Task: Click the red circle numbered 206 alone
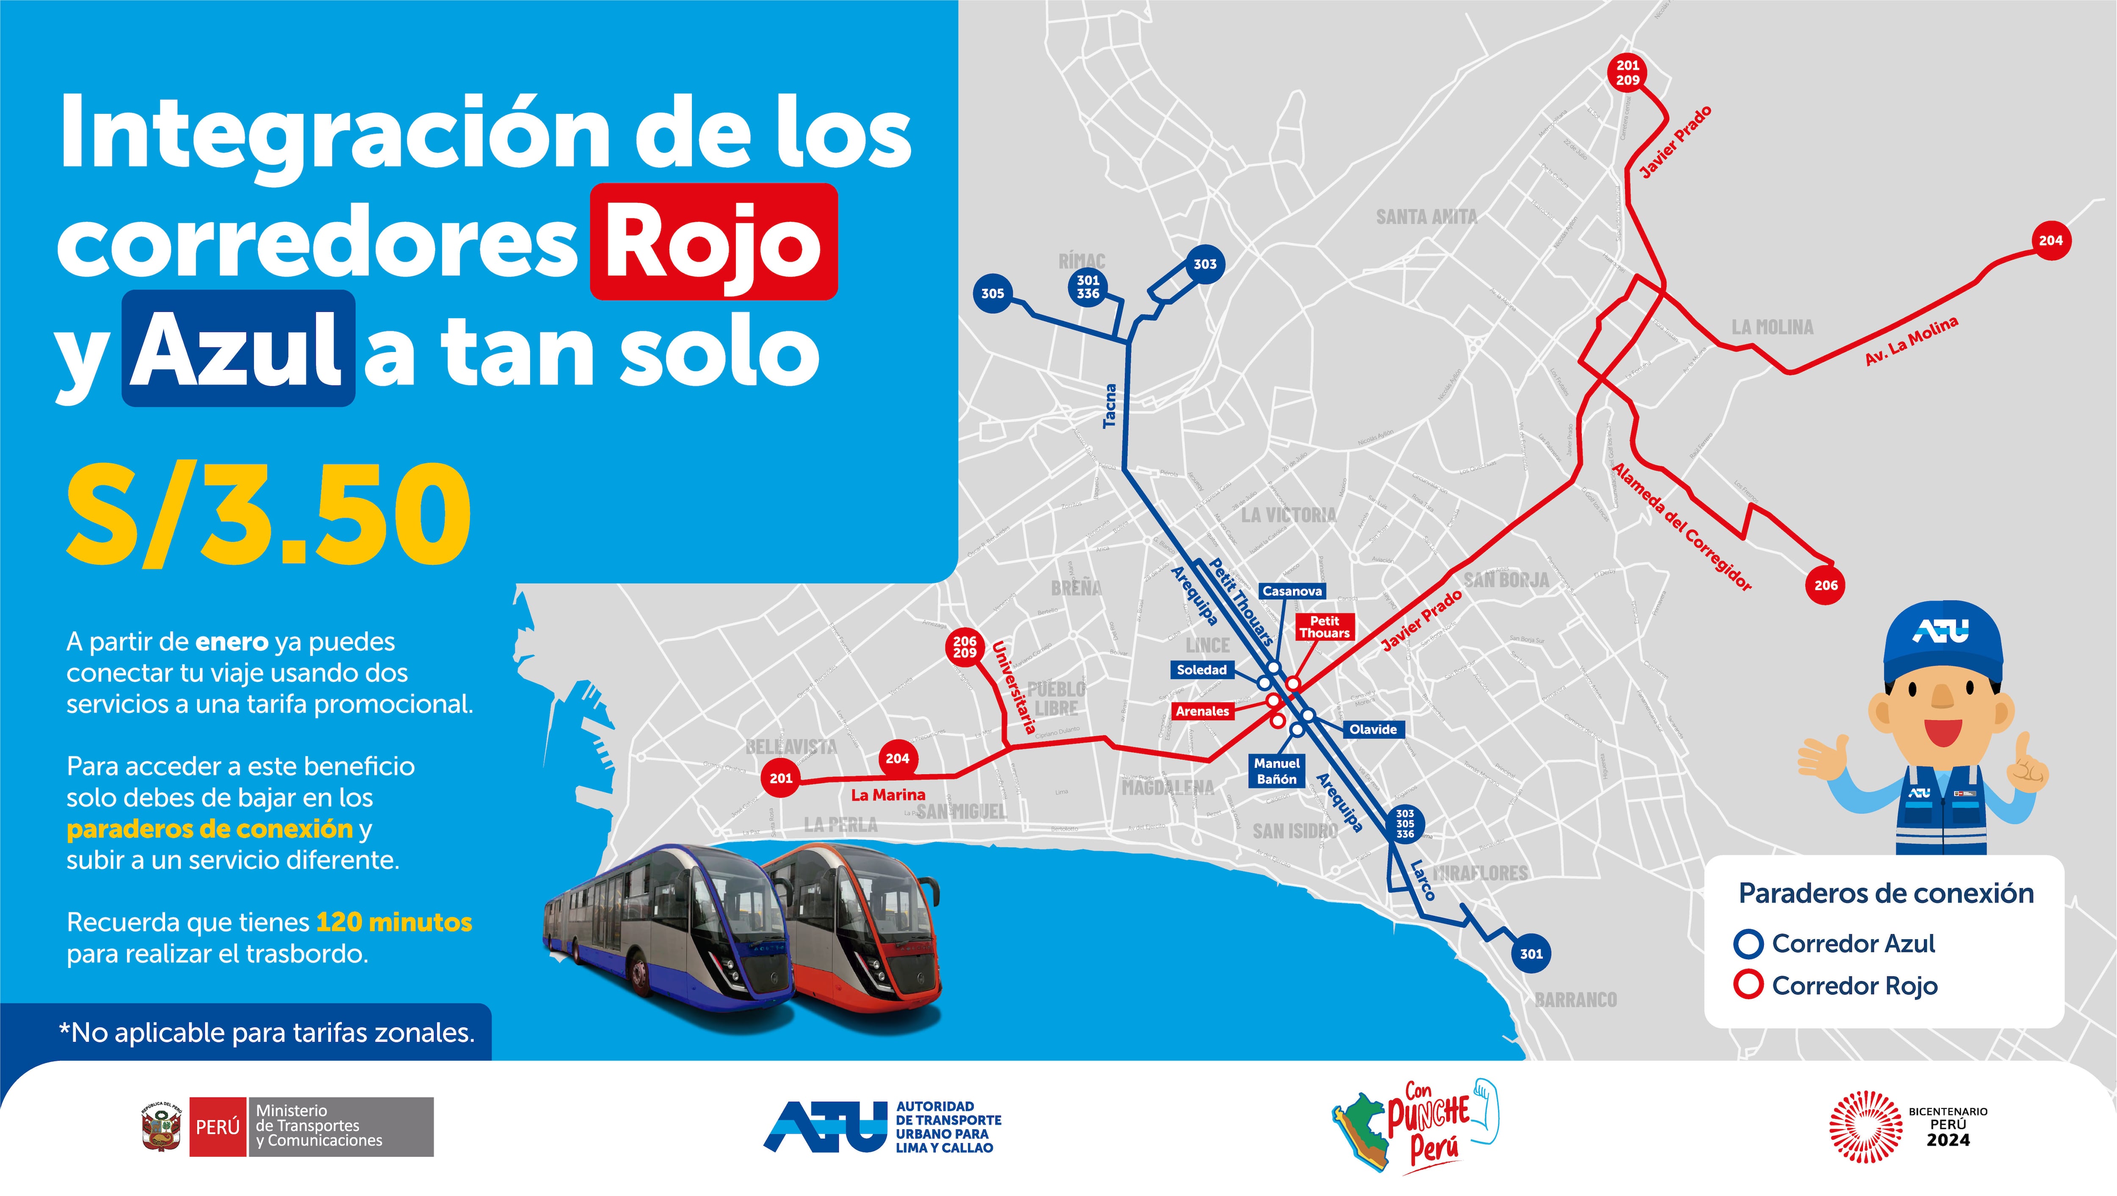(x=1825, y=586)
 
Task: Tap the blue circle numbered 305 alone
(x=992, y=293)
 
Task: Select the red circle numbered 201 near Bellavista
(x=781, y=778)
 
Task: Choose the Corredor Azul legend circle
(x=1748, y=944)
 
